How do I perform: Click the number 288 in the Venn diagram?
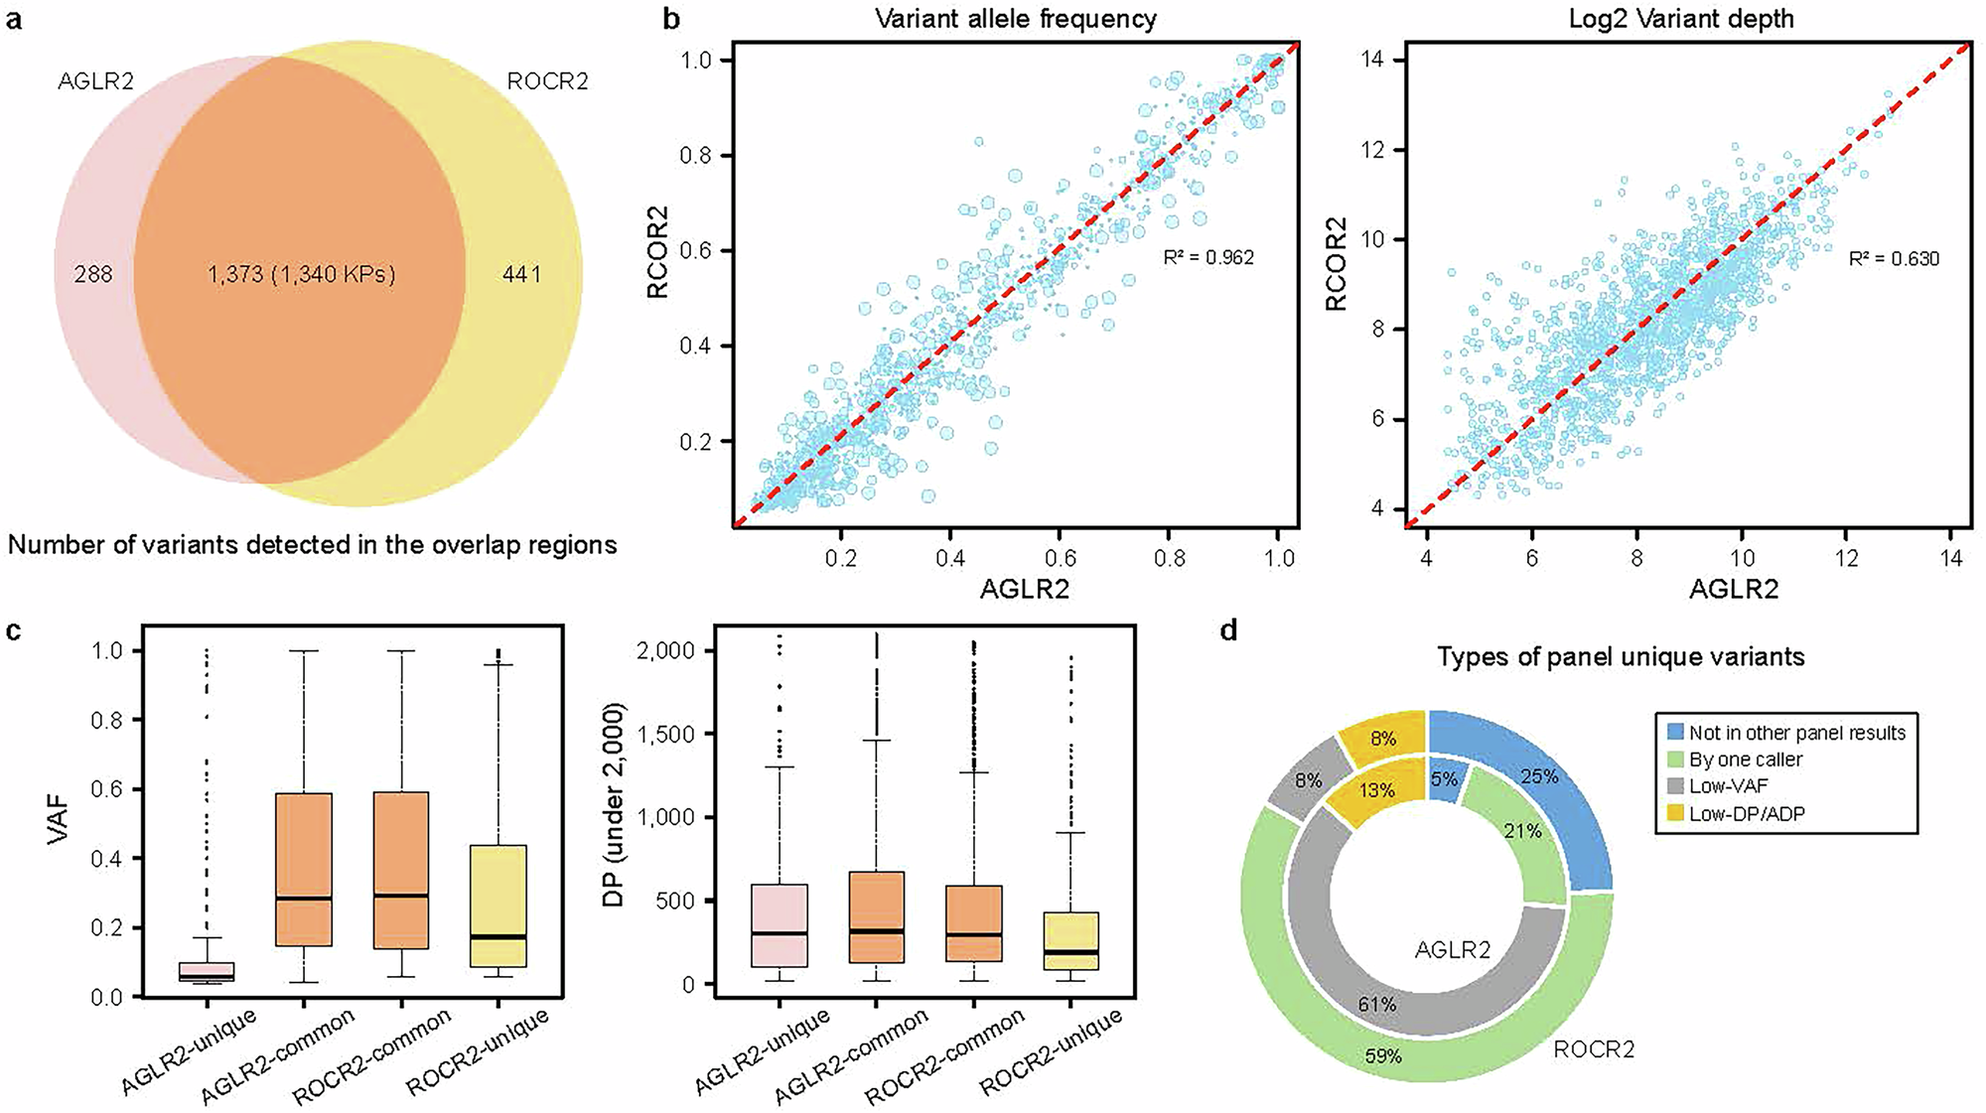(x=93, y=274)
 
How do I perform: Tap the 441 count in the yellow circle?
(x=522, y=274)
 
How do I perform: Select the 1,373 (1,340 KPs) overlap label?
(x=301, y=274)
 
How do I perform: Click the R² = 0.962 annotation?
(x=1208, y=258)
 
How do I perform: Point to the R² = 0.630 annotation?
(x=1894, y=259)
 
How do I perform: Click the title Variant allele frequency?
(x=1016, y=19)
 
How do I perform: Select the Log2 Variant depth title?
(x=1681, y=19)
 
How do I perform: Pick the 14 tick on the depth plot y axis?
(x=1374, y=61)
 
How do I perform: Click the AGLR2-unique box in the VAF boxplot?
(x=207, y=971)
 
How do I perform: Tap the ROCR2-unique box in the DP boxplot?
(x=1070, y=939)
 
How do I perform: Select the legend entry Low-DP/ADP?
(x=1747, y=814)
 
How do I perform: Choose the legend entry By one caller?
(x=1746, y=760)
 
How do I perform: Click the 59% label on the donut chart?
(x=1382, y=1056)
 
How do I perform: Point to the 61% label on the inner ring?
(x=1377, y=1005)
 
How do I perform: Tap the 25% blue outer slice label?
(x=1539, y=776)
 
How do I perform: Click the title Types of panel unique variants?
(x=1621, y=657)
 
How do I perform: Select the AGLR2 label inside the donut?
(x=1452, y=950)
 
